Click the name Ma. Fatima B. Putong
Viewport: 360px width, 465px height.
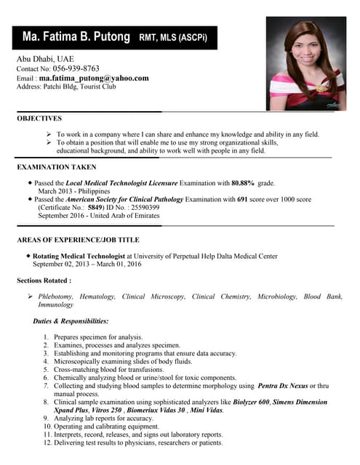76,36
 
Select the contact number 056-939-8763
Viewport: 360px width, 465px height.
76,68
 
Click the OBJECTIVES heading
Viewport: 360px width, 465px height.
39,118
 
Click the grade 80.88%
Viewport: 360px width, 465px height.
243,183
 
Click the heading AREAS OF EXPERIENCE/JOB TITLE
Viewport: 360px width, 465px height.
78,240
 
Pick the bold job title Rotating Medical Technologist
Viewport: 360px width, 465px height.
79,256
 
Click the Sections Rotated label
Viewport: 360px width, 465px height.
43,280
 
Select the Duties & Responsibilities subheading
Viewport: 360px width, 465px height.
71,320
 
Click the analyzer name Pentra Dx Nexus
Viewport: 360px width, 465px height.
283,385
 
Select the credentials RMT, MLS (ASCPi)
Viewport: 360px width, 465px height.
172,37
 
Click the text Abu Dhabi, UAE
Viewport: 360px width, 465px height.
45,58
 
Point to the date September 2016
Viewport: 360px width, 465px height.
62,216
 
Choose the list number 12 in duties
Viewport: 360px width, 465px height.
46,442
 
